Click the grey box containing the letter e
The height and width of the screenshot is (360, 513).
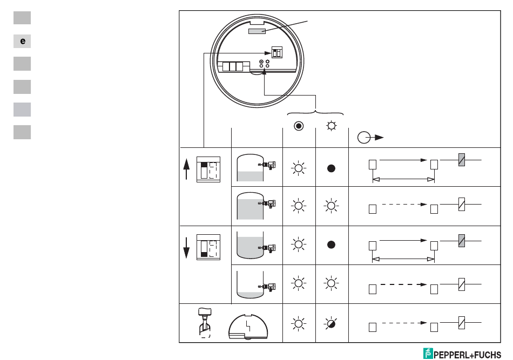22,40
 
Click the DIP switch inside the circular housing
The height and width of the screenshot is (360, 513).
276,52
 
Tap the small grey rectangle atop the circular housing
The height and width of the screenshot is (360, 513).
256,32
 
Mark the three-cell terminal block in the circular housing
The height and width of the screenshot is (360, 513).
233,66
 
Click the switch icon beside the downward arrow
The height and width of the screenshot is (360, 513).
208,247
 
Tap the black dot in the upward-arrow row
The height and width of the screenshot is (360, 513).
332,168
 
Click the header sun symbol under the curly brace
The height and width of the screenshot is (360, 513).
332,127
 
